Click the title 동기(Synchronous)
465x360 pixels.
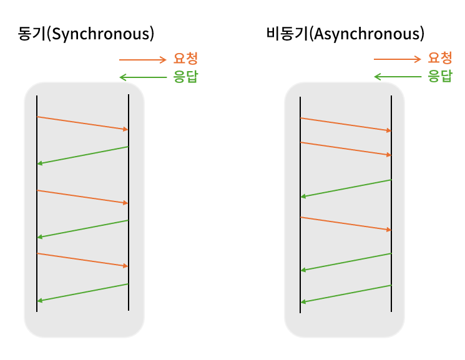pos(86,34)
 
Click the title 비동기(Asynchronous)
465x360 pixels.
pos(345,34)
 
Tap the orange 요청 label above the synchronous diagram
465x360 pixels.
pos(185,59)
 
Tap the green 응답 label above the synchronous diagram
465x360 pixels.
pos(185,77)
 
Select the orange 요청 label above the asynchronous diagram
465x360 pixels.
pos(439,59)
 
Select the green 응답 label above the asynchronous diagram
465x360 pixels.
pos(439,77)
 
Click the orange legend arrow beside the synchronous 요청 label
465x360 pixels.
pos(142,60)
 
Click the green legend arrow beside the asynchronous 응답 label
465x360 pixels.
pos(397,77)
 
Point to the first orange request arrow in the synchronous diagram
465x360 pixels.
pos(82,123)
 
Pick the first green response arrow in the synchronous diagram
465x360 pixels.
pos(82,155)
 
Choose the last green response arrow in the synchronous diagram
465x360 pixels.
pos(82,293)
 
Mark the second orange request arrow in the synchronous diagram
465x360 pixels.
pos(82,197)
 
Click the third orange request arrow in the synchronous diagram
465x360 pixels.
pos(82,260)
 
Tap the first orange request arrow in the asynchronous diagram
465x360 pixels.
pos(346,124)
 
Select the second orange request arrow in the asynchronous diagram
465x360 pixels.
pos(346,149)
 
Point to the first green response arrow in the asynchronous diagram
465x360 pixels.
pos(346,188)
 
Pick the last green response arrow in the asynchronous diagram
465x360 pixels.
pos(346,294)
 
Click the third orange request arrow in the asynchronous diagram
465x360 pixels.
pos(346,224)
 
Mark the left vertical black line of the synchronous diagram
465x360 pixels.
pos(37,206)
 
